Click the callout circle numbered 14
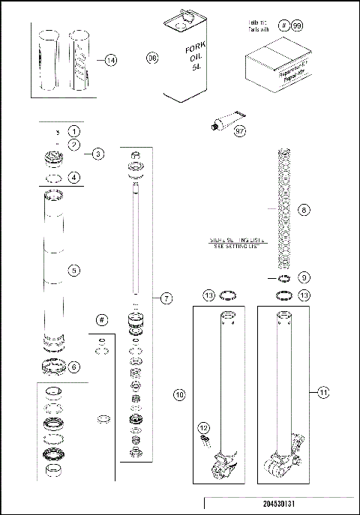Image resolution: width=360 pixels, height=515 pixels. point(111,61)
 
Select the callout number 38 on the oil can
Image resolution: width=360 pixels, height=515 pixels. point(153,58)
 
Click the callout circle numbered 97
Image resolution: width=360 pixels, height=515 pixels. point(240,131)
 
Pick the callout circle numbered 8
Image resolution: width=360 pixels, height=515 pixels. point(304,211)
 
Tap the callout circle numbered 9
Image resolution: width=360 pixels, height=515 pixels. point(304,277)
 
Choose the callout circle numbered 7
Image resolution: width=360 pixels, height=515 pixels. point(166,298)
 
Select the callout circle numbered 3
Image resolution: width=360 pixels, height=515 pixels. point(98,154)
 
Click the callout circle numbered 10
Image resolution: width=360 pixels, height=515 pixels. point(179,393)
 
